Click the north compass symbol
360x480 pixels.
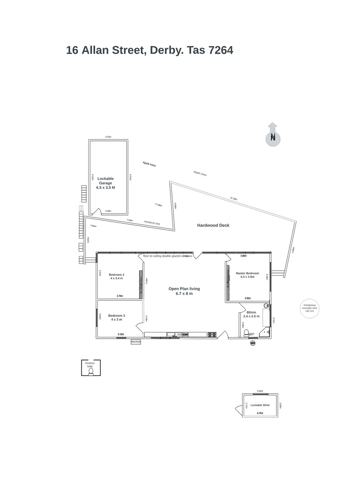pyautogui.click(x=273, y=137)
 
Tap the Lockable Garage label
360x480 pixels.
pyautogui.click(x=106, y=183)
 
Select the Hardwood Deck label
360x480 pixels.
pyautogui.click(x=213, y=225)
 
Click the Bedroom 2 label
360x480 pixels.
pyautogui.click(x=116, y=276)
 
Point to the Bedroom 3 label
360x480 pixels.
pyautogui.click(x=116, y=317)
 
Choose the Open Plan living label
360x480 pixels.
pyautogui.click(x=184, y=291)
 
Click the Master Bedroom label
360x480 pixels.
pyautogui.click(x=248, y=275)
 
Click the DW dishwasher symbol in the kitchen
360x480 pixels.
pyautogui.click(x=186, y=334)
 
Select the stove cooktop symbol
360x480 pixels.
pyautogui.click(x=212, y=334)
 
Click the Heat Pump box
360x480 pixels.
pyautogui.click(x=136, y=342)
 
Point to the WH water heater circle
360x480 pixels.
pyautogui.click(x=253, y=343)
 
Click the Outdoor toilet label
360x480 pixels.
pyautogui.click(x=90, y=364)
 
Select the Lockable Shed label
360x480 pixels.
pyautogui.click(x=260, y=405)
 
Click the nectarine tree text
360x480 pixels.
pyautogui.click(x=152, y=223)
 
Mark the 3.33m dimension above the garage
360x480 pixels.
pyautogui.click(x=108, y=137)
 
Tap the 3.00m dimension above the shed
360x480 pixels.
pyautogui.click(x=260, y=391)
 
